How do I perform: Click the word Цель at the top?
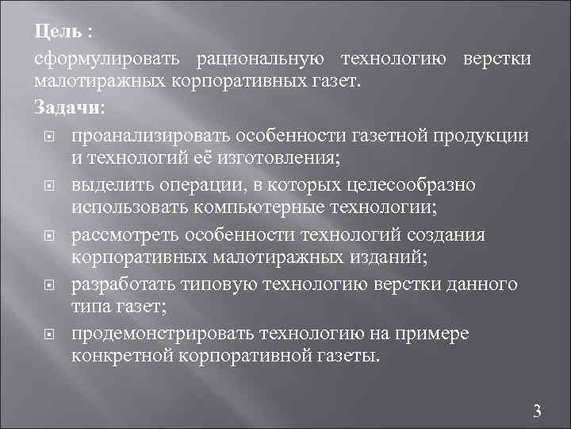58,32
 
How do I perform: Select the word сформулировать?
106,60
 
